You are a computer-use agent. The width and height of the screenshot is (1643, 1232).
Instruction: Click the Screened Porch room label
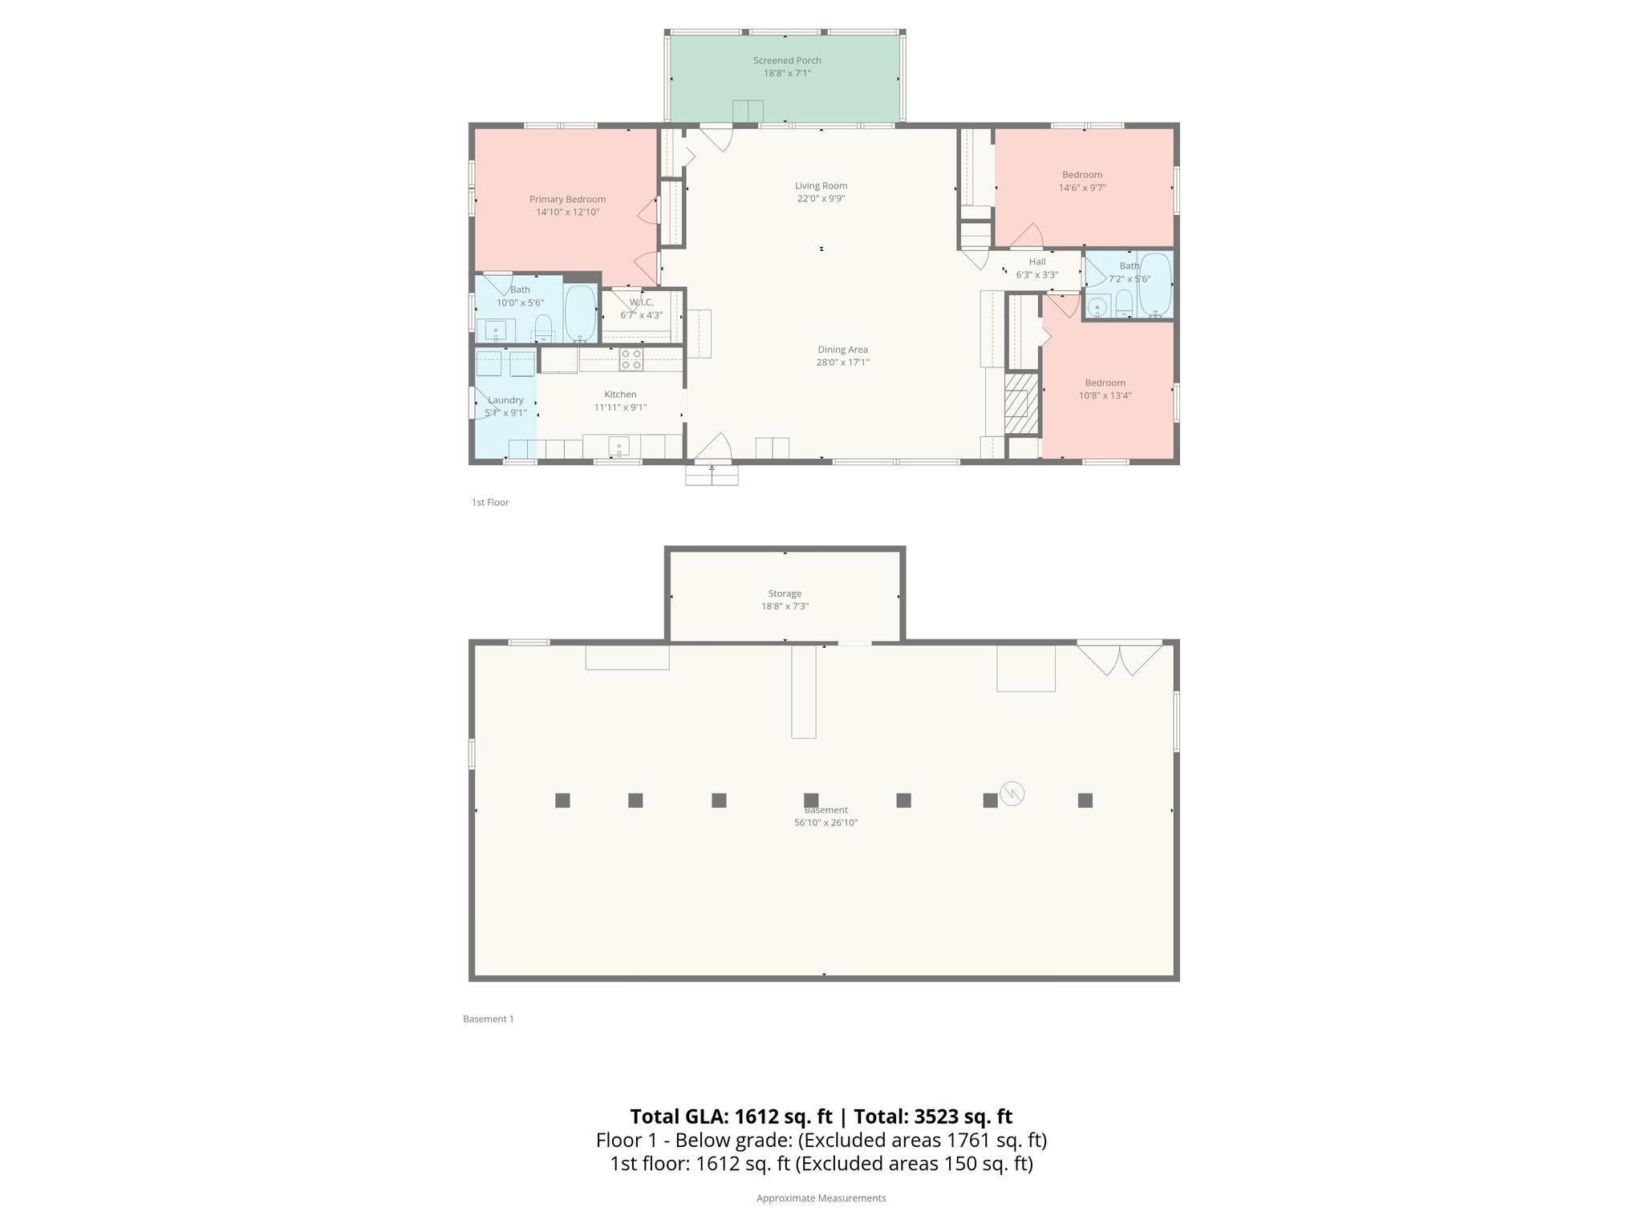[786, 60]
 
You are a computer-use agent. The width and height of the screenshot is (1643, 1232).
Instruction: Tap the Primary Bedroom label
[567, 199]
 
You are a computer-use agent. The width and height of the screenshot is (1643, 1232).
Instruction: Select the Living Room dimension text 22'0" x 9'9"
[821, 199]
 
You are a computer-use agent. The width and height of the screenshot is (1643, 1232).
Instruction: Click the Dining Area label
[842, 350]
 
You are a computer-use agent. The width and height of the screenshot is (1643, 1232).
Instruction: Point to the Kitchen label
[620, 395]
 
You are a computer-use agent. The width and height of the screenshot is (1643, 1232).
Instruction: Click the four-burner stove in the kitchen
[631, 359]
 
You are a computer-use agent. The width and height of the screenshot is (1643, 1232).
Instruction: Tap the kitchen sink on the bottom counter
[619, 445]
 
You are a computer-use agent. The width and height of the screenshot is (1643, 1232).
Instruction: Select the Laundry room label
[505, 400]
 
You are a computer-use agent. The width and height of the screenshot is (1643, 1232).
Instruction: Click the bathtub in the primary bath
[580, 314]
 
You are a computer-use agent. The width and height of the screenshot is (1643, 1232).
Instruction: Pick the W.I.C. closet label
[641, 302]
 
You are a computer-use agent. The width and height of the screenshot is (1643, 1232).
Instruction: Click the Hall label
[1037, 261]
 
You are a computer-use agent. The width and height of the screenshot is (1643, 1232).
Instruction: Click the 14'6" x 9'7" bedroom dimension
[1082, 188]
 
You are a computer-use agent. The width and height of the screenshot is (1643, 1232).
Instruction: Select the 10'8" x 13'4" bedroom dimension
[1105, 395]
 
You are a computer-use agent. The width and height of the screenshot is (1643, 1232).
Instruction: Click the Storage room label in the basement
[785, 594]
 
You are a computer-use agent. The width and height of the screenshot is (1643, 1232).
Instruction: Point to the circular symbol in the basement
[1012, 793]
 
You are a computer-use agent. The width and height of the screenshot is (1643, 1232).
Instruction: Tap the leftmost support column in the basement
[562, 800]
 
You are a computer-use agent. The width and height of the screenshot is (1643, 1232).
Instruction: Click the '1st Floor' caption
[490, 502]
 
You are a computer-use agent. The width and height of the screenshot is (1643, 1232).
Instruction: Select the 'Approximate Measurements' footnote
[821, 1198]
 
